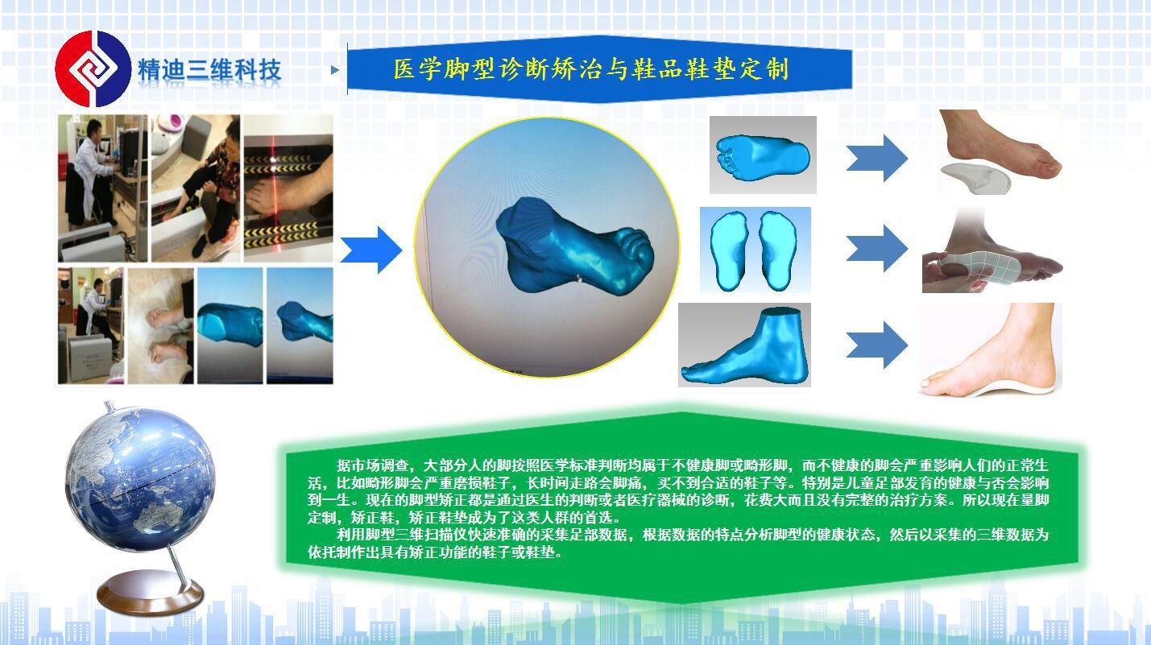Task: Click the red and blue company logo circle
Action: tap(93, 68)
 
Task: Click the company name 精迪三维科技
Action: tap(209, 70)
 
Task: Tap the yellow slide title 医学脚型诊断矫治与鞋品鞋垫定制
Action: tap(591, 68)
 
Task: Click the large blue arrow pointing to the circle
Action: tap(371, 250)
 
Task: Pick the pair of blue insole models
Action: tap(754, 250)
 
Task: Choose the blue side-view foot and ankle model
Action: tap(745, 346)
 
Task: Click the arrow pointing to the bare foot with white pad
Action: tap(877, 158)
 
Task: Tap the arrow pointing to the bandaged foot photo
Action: tap(877, 248)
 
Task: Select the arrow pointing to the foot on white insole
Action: tap(877, 345)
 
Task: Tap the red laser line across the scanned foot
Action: tap(274, 188)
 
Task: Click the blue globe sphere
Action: tap(140, 480)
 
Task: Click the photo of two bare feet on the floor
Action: tap(161, 325)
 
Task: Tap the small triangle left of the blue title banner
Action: tap(335, 70)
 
